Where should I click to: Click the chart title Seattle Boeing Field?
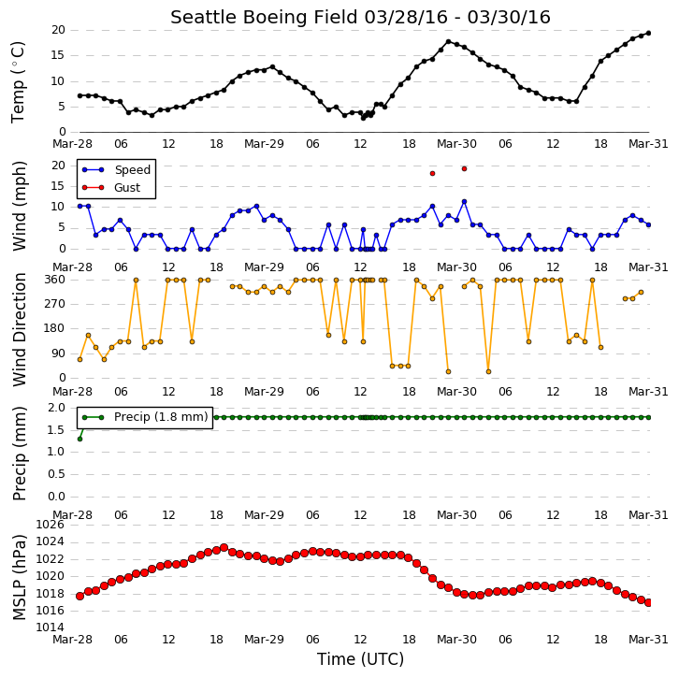264,18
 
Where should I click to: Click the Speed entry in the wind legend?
133,169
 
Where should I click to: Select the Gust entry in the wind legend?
127,187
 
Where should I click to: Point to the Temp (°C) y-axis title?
18,82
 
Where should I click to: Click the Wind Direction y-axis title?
19,329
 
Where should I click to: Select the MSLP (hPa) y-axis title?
19,577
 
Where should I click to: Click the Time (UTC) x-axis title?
360,659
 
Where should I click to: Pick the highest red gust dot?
464,169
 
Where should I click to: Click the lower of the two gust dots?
432,174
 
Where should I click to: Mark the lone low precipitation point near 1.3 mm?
79,439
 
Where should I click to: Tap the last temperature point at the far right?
648,33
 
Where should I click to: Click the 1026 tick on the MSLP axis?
50,525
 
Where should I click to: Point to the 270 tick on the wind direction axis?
55,304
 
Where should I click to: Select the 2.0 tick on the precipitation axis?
57,408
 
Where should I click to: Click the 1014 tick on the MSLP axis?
50,628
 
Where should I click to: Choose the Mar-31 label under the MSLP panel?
648,640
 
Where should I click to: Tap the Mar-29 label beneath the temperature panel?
264,144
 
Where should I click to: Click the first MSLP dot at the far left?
79,597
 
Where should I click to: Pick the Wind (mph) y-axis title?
19,206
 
